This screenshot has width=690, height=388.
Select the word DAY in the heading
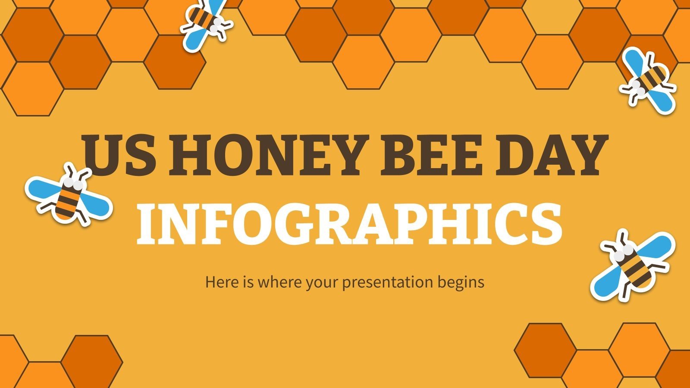pyautogui.click(x=548, y=154)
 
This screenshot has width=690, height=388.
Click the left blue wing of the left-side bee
pyautogui.click(x=41, y=187)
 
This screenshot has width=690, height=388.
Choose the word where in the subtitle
pyautogui.click(x=280, y=282)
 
